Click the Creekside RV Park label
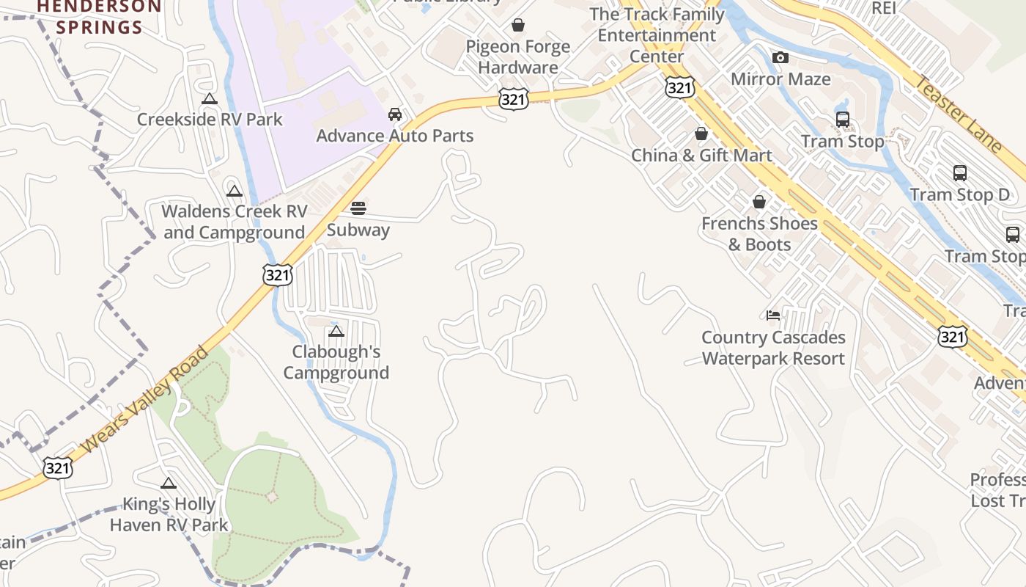[210, 119]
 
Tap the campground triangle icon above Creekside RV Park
[210, 99]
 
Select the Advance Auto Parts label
[394, 136]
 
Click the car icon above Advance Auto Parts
[395, 114]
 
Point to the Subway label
[358, 230]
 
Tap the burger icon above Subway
[358, 208]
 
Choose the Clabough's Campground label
[336, 362]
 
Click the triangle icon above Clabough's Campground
[336, 332]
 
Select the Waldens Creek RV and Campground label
[234, 222]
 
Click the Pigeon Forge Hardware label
[517, 56]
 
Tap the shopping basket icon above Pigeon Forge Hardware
[518, 26]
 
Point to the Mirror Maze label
[780, 79]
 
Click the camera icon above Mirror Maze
[780, 57]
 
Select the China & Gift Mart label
[701, 155]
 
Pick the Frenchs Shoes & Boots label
[759, 233]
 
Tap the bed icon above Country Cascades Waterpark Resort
[773, 316]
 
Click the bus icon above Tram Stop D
[959, 173]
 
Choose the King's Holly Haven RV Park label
[169, 514]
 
